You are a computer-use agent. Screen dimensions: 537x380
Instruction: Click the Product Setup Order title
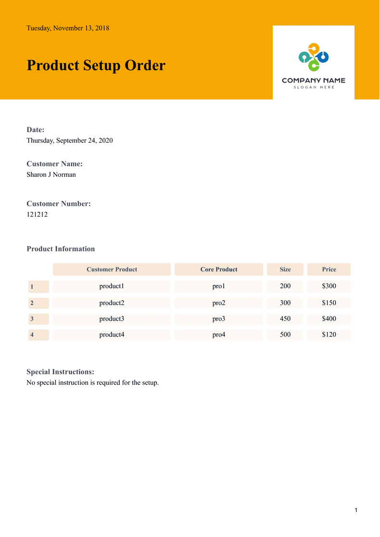96,65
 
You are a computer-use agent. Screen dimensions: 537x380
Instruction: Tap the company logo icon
314,57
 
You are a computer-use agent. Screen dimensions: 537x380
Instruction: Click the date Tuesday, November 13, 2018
68,28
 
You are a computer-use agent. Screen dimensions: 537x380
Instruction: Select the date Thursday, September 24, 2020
70,140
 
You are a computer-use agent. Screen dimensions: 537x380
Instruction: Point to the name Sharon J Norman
51,174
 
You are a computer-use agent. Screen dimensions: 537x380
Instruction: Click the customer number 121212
37,214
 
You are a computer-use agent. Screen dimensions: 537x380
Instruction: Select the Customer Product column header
112,269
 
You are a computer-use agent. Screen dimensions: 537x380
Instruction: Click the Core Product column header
219,269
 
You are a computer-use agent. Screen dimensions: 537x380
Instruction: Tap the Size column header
285,269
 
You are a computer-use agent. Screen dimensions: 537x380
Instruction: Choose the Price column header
329,269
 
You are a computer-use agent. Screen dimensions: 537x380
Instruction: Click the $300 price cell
329,286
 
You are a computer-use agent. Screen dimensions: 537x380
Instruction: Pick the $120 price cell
329,335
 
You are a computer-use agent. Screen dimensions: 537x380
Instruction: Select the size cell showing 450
285,319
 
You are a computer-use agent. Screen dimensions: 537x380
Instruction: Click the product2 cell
112,303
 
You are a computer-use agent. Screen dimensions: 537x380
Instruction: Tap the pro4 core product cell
219,335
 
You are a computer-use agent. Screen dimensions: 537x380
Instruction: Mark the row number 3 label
32,319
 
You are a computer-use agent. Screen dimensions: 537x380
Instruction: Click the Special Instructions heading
60,372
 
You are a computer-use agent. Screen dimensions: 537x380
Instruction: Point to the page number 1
356,510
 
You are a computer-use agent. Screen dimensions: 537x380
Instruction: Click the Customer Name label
54,164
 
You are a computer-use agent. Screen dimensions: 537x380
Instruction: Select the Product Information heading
61,249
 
